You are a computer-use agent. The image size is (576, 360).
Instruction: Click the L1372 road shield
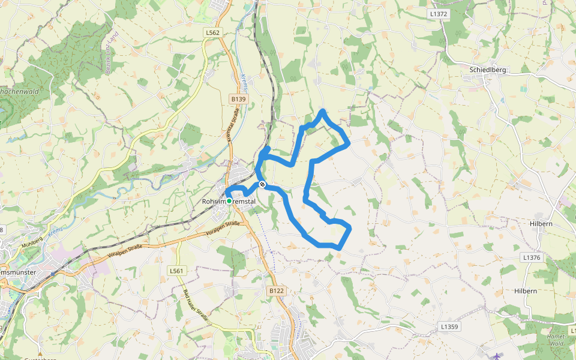pos(439,13)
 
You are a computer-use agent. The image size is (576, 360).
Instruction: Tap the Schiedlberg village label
pos(488,70)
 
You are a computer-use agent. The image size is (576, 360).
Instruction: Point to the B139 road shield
pos(238,98)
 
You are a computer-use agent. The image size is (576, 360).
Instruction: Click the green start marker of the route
pos(229,201)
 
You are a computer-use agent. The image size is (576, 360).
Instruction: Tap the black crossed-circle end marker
pos(262,185)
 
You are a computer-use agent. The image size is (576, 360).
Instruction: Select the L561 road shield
pos(176,271)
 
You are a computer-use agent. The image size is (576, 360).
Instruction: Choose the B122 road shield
pos(276,291)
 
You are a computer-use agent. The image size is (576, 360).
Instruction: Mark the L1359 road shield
pos(449,327)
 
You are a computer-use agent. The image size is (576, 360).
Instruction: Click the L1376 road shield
pos(532,257)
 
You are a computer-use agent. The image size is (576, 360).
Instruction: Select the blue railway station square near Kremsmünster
pos(53,273)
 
